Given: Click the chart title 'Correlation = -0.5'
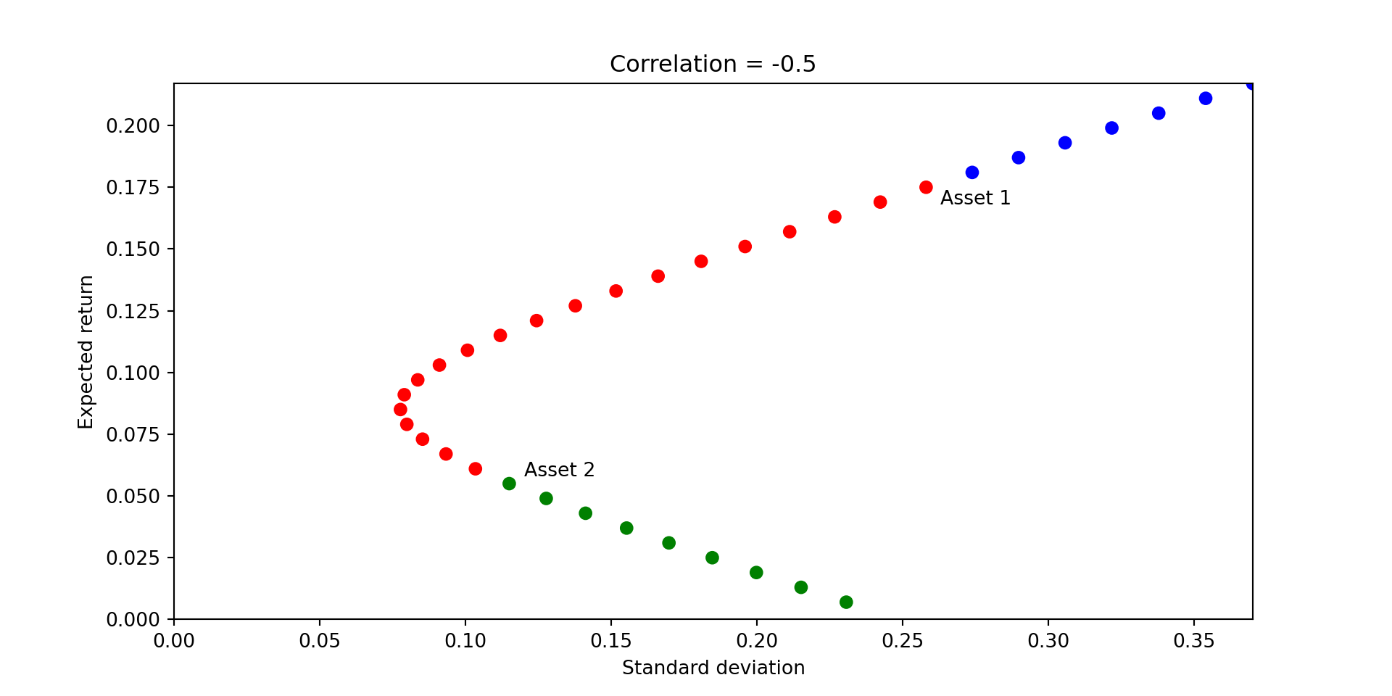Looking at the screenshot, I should pyautogui.click(x=713, y=65).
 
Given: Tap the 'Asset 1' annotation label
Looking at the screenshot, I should pyautogui.click(x=975, y=198).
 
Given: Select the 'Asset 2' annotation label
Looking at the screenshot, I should pyautogui.click(x=559, y=470).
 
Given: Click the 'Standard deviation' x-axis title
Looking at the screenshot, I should pyautogui.click(x=713, y=668).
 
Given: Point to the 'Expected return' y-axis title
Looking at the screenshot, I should pyautogui.click(x=86, y=352).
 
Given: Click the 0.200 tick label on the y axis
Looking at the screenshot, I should pyautogui.click(x=133, y=126).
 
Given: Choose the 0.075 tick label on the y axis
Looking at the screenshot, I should pyautogui.click(x=133, y=434).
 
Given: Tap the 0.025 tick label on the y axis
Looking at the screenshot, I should pyautogui.click(x=133, y=558).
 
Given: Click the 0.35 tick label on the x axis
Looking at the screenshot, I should pyautogui.click(x=1193, y=641).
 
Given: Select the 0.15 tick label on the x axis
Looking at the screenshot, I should pyautogui.click(x=610, y=641).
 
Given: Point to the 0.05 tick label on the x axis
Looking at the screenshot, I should pyautogui.click(x=319, y=641).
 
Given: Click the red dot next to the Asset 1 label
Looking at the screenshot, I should pyautogui.click(x=926, y=187).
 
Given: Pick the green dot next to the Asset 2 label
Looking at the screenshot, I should pyautogui.click(x=509, y=484).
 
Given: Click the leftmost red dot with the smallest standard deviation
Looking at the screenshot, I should pyautogui.click(x=400, y=410).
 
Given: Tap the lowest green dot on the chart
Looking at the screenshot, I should pyautogui.click(x=846, y=602).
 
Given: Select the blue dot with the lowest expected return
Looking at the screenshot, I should pyautogui.click(x=972, y=173).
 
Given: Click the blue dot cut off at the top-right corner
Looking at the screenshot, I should pyautogui.click(x=1251, y=85).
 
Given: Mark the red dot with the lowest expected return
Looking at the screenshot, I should pyautogui.click(x=476, y=469).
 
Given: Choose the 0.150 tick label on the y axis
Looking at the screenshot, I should pyautogui.click(x=133, y=249).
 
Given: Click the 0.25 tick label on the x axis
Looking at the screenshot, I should pyautogui.click(x=902, y=641).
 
